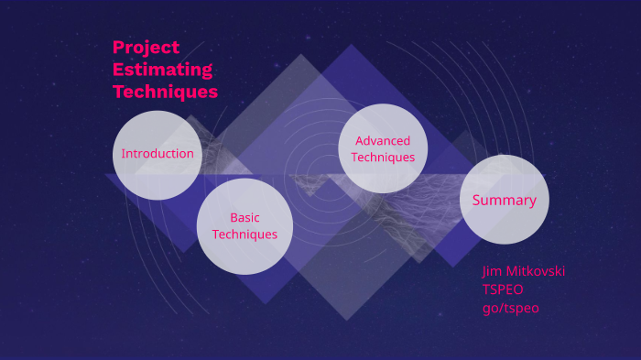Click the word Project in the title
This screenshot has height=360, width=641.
click(147, 48)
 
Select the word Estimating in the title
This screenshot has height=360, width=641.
click(163, 70)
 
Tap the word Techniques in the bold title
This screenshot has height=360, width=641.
click(166, 92)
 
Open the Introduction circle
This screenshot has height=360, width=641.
click(158, 154)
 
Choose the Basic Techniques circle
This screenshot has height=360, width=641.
click(244, 226)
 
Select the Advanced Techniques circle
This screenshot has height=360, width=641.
click(383, 148)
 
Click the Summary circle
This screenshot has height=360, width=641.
click(504, 200)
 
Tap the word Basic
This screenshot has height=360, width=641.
click(244, 218)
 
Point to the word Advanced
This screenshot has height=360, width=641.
click(383, 140)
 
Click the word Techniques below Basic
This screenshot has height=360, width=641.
click(244, 235)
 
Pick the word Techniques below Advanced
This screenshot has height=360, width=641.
click(383, 157)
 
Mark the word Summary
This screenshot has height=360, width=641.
click(504, 200)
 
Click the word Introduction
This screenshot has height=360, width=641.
click(158, 154)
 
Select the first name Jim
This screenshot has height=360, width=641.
click(493, 271)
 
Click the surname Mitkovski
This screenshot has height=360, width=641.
click(536, 271)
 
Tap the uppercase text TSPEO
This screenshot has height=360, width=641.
click(503, 289)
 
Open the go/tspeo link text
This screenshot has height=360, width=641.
click(511, 308)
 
